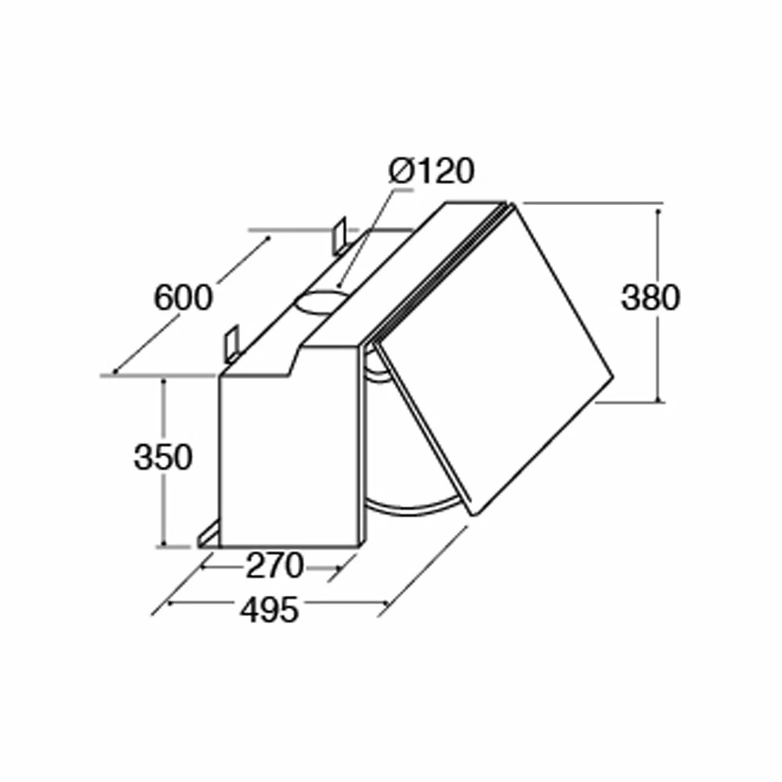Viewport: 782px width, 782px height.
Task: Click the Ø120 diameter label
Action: (x=432, y=171)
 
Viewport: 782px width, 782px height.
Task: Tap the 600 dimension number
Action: (x=183, y=298)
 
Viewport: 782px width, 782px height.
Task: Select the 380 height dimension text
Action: (x=651, y=298)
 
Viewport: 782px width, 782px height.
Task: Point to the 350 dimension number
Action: (x=163, y=457)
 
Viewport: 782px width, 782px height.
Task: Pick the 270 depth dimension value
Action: (x=274, y=565)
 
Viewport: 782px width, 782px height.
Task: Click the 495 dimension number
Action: (x=269, y=609)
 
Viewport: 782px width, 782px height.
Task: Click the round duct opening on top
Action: (x=320, y=302)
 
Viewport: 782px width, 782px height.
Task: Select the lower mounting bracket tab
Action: (x=232, y=344)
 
